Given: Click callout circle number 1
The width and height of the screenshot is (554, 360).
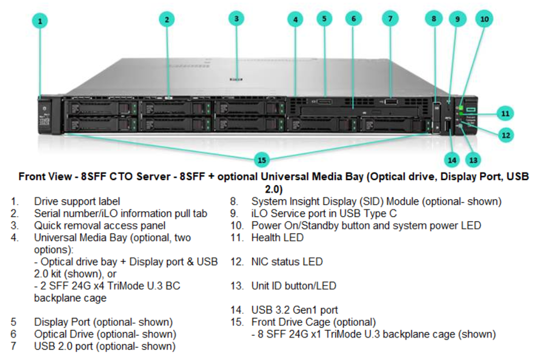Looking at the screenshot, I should [x=40, y=21].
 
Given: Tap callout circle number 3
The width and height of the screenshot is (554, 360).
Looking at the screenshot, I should [x=236, y=18].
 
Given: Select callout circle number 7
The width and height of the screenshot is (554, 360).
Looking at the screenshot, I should [x=390, y=18].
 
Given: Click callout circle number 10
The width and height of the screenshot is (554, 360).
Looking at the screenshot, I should [x=484, y=19].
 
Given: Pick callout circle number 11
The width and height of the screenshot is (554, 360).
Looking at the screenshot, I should [x=506, y=112].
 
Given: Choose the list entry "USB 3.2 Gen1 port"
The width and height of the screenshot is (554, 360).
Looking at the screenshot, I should [x=294, y=310].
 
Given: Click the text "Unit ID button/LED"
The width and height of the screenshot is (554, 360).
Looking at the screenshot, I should [x=293, y=286].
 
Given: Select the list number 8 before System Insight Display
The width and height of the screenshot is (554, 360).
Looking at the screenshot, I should [x=234, y=201].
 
